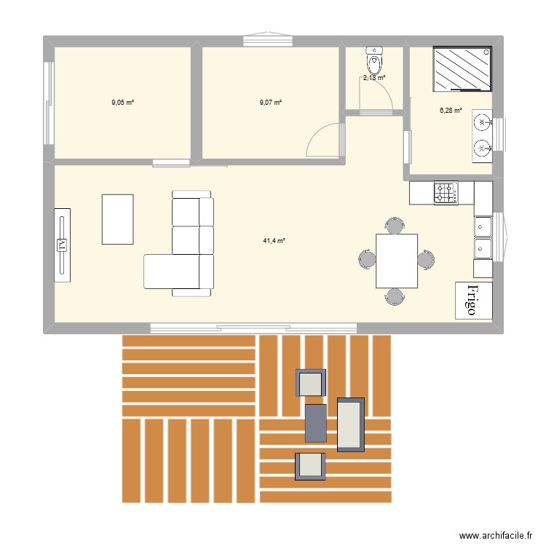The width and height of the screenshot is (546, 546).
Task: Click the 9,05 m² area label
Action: coord(122,103)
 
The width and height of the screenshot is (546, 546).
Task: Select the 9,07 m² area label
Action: coord(270,103)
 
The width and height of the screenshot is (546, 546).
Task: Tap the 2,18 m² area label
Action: coord(375,77)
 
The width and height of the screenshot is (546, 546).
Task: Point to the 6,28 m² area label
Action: coord(451,111)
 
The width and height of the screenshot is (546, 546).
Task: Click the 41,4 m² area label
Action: coord(274,240)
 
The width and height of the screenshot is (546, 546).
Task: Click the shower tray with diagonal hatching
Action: coord(462,70)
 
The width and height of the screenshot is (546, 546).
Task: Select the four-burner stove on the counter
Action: coord(447,193)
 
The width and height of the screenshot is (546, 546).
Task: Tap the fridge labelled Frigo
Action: coord(474,301)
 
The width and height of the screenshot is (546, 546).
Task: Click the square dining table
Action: coord(396,261)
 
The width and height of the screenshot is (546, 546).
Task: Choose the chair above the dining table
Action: coord(395,225)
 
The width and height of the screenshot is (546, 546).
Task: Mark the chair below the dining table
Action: coord(395,296)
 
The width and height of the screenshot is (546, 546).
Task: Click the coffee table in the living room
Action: coord(118,219)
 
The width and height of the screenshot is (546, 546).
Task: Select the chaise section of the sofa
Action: coord(173,272)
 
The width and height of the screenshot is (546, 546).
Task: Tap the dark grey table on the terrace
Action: coord(316,423)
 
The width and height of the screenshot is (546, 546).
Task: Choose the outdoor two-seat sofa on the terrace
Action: coord(350,424)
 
